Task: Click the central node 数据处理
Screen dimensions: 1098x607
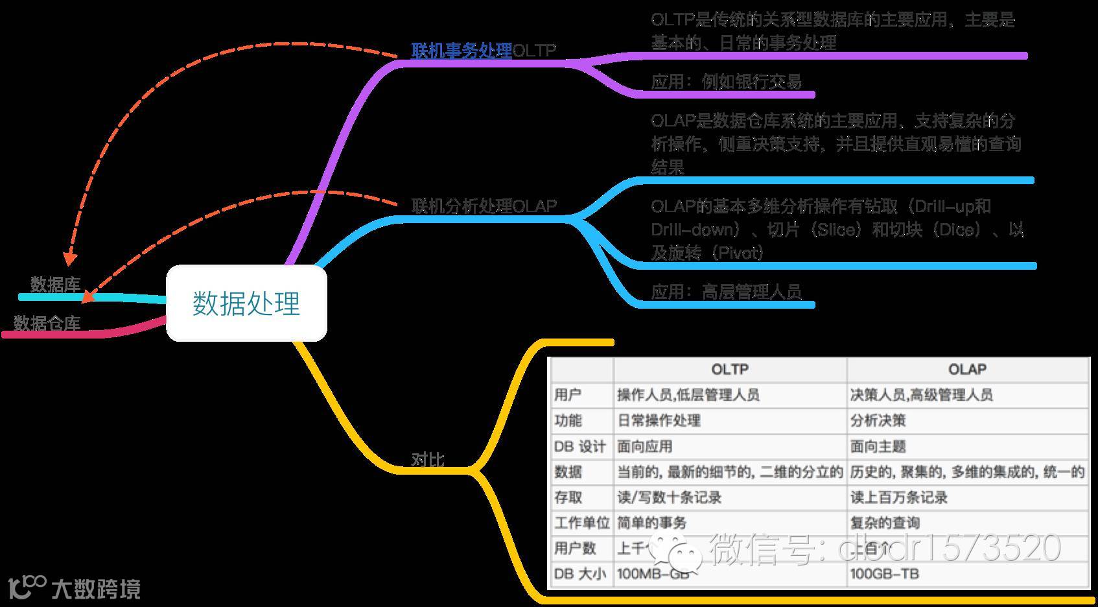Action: click(246, 303)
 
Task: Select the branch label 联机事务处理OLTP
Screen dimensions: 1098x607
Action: click(484, 50)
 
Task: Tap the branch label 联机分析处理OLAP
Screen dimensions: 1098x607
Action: click(484, 206)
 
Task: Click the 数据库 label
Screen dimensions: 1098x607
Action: click(55, 284)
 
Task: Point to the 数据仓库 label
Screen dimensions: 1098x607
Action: click(47, 323)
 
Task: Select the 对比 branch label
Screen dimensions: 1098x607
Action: click(428, 459)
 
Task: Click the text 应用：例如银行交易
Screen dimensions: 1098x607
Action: click(726, 82)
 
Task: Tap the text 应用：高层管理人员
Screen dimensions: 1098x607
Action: click(726, 291)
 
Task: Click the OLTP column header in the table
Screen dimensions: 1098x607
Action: click(730, 370)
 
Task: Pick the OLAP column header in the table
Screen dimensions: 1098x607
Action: click(967, 370)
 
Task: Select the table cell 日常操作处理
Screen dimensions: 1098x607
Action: click(659, 420)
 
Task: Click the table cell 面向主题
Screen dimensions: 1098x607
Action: click(878, 446)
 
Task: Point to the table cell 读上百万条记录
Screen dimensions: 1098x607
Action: click(898, 497)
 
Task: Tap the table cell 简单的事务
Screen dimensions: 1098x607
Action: click(651, 523)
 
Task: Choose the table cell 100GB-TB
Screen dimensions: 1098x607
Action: click(884, 574)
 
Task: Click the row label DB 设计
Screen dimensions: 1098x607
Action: click(579, 446)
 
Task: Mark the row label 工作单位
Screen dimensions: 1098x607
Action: click(581, 523)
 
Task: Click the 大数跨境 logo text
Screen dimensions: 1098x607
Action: click(95, 589)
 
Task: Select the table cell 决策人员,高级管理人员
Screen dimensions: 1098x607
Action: click(921, 395)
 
